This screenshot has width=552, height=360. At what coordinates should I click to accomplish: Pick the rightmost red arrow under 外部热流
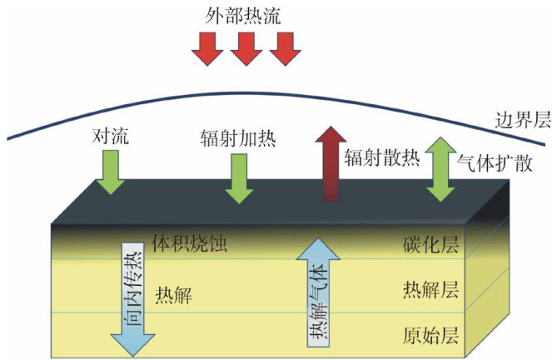click(x=285, y=49)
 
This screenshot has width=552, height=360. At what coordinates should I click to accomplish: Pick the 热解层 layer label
click(x=430, y=290)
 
